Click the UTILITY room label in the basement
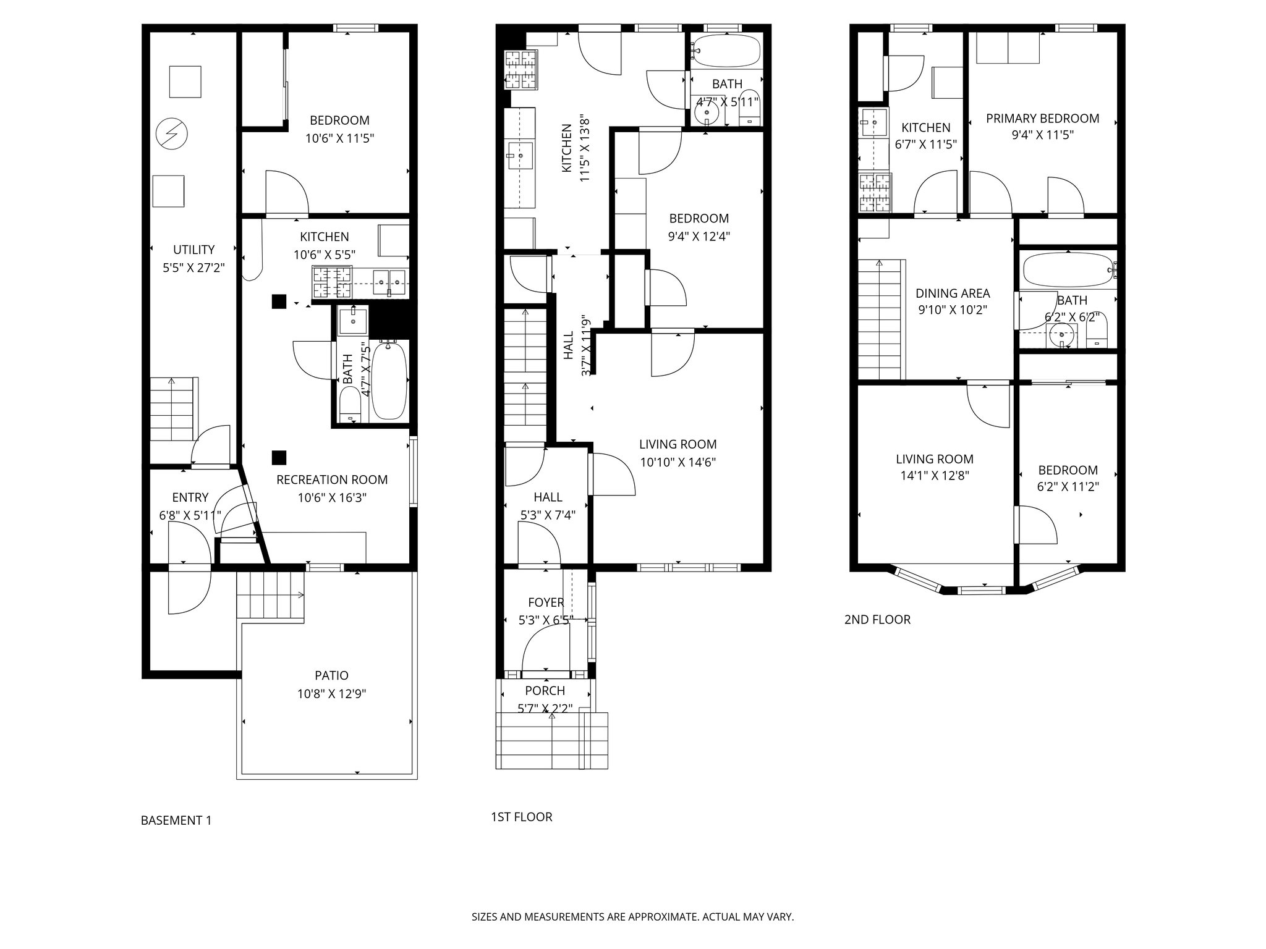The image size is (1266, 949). (x=193, y=250)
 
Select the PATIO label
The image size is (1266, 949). (x=331, y=676)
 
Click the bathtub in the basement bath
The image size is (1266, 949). (x=389, y=381)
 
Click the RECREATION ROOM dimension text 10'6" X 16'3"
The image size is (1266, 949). (x=332, y=498)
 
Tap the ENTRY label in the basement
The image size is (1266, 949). (x=190, y=497)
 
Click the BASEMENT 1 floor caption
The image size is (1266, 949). (x=176, y=820)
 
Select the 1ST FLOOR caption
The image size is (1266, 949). (x=521, y=817)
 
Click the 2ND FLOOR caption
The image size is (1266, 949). (x=877, y=620)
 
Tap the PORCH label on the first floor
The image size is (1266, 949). (x=545, y=691)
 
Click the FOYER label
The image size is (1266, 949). (x=546, y=602)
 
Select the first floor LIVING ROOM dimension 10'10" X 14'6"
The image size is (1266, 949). (x=678, y=462)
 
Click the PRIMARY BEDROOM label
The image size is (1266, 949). (x=1042, y=119)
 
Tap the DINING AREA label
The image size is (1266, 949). (x=953, y=294)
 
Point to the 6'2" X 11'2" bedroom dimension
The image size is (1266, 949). (x=1068, y=487)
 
